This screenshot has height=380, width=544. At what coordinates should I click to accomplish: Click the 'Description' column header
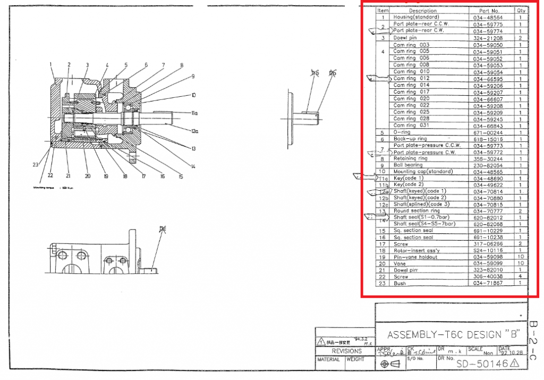pos(423,11)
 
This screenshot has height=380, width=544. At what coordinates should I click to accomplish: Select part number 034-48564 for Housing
pos(487,18)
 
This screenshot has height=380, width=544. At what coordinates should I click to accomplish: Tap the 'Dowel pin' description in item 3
pos(405,38)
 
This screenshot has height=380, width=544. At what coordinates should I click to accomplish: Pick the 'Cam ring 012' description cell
pos(411,78)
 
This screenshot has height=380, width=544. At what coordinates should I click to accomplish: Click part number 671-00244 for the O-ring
pos(487,132)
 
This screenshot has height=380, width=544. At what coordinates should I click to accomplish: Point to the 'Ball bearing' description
pos(408,165)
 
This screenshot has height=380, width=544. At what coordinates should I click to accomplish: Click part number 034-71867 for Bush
pos(487,283)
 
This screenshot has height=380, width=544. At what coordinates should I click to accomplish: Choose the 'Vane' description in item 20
pos(399,263)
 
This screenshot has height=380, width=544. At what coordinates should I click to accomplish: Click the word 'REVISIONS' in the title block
pos(346,351)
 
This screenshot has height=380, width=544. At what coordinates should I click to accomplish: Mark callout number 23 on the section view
pos(35,165)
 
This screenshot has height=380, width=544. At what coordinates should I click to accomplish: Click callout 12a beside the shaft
pos(194,131)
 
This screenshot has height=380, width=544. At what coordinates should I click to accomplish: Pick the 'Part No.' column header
pos(489,11)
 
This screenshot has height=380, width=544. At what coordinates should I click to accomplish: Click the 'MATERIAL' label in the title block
pos(328,360)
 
